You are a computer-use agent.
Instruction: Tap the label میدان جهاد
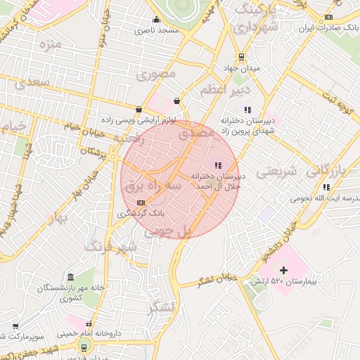click(x=241, y=68)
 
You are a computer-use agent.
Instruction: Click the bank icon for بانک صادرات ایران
click(x=328, y=18)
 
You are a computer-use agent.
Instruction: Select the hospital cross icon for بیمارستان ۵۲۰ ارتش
click(x=283, y=270)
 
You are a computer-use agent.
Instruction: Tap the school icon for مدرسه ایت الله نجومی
click(x=326, y=187)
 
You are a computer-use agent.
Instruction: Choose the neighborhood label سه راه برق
click(x=153, y=186)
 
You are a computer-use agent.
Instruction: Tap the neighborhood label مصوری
click(x=157, y=74)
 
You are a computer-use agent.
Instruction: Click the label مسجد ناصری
click(x=158, y=31)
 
